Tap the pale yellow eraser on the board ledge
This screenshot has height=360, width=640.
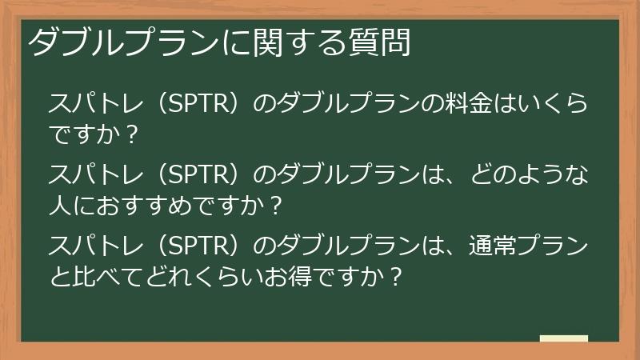[563, 338]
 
